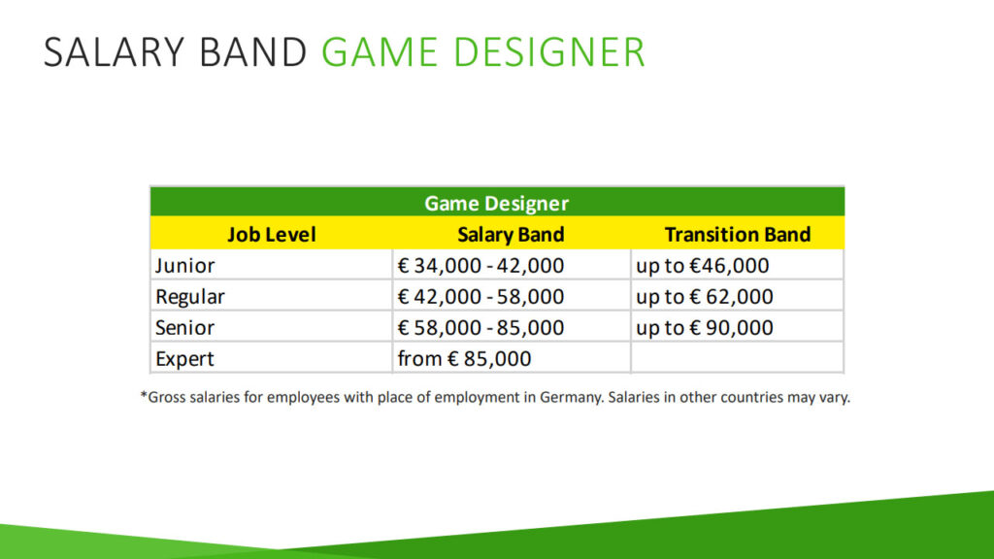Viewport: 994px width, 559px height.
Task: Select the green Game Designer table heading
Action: coord(496,204)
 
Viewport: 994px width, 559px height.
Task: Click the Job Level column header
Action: coord(272,235)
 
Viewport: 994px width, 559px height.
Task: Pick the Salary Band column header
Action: coord(511,235)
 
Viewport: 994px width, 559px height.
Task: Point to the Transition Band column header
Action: coord(738,235)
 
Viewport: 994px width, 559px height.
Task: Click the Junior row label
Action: coord(185,266)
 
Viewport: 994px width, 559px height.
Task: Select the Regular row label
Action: coord(190,297)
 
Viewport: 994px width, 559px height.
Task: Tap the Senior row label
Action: coord(185,328)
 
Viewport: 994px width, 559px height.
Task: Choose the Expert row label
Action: coord(184,359)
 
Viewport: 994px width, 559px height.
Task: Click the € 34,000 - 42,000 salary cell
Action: coord(480,266)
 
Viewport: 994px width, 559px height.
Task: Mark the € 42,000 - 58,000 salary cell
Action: coord(480,297)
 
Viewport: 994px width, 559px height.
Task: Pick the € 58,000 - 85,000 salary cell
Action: coord(480,328)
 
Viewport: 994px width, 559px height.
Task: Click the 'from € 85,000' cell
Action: coord(464,359)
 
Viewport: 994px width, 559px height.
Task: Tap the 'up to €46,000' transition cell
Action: coord(703,266)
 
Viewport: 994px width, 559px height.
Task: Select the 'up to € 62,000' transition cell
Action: coord(705,297)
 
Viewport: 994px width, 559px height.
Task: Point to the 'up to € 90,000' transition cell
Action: coord(705,328)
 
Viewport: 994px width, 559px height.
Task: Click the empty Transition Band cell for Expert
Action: coord(738,358)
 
